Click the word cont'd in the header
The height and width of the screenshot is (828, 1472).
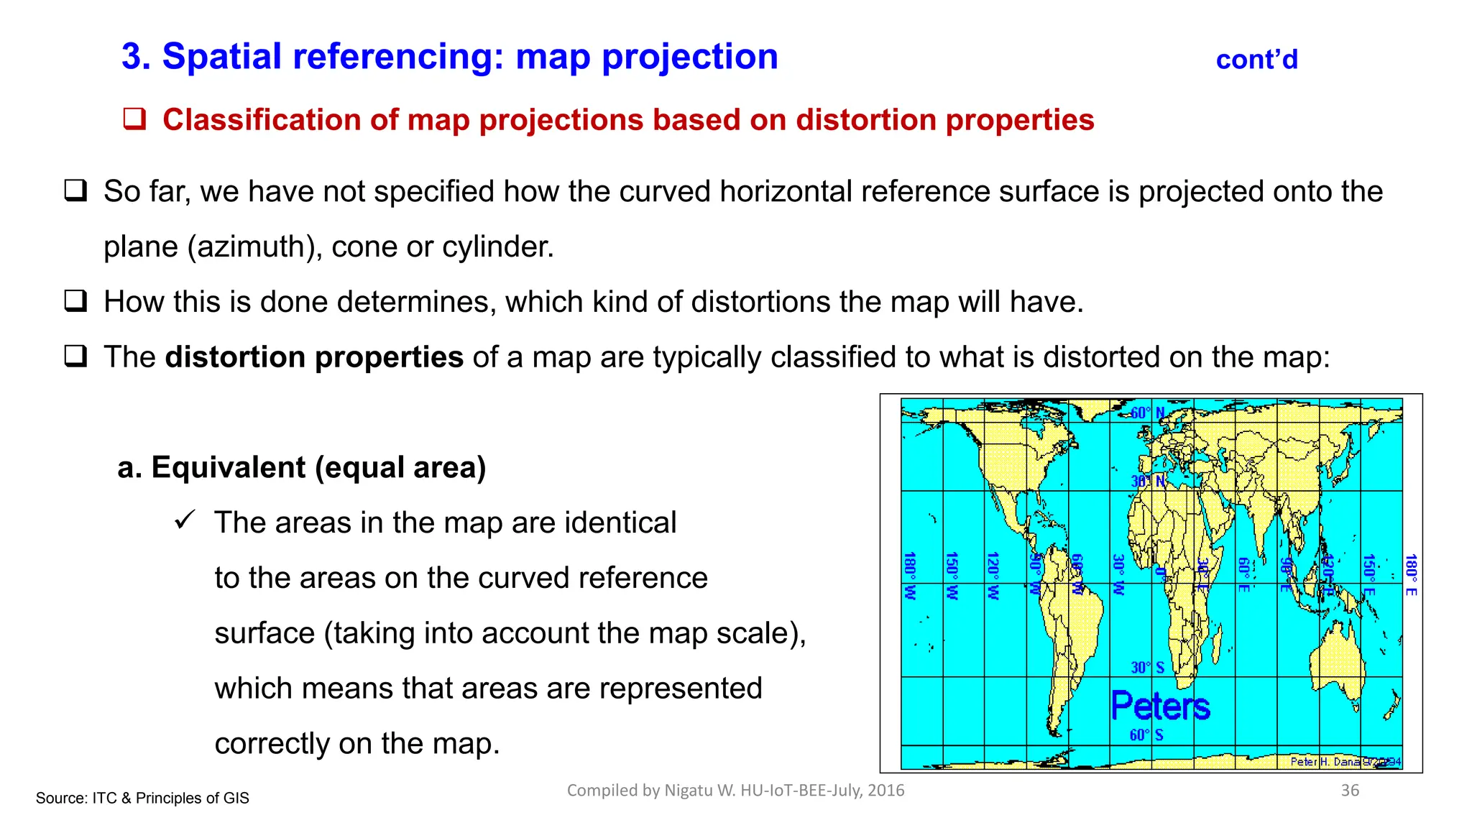coord(1256,60)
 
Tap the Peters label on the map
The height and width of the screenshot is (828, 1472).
coord(1160,706)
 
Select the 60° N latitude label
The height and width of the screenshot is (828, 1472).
coord(1147,413)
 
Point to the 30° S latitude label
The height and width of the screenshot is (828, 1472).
coord(1147,668)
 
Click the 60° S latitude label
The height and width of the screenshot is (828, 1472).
coord(1146,735)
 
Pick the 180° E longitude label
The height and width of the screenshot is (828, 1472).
coord(1412,574)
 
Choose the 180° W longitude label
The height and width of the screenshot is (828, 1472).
coord(910,575)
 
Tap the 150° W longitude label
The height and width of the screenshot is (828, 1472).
coord(952,575)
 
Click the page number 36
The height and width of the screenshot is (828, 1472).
coord(1350,791)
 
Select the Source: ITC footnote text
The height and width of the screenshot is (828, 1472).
coord(142,798)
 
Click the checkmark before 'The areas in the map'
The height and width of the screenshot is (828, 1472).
coord(185,520)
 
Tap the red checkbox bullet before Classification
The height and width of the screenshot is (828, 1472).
coord(134,119)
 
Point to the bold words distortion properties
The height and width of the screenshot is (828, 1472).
coord(314,357)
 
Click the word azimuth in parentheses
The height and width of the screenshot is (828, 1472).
coord(252,247)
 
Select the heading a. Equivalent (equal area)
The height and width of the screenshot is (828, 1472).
coord(302,467)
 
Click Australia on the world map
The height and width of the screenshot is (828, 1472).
coord(1337,661)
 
